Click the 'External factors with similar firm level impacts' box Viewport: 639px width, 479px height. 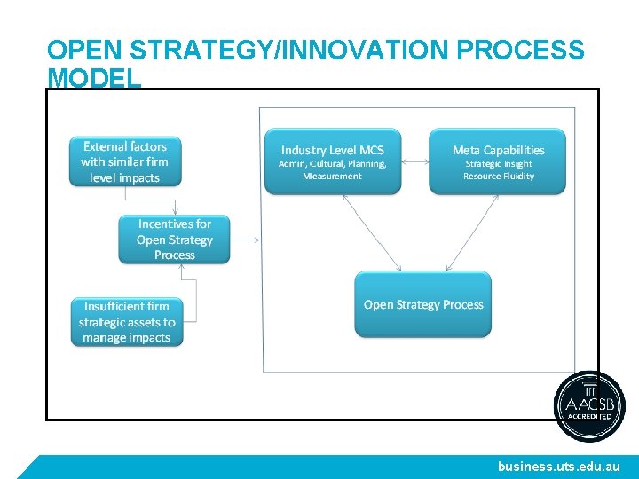(x=125, y=161)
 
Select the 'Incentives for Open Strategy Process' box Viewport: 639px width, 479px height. (x=174, y=239)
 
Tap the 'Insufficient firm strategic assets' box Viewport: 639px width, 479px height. (x=127, y=321)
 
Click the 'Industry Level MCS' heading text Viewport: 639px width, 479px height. (x=333, y=150)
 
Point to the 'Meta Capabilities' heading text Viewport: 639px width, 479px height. (x=498, y=150)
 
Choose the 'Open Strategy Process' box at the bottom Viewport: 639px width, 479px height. (x=423, y=304)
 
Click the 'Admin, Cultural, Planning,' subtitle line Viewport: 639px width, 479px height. (x=333, y=164)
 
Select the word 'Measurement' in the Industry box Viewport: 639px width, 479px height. (x=333, y=177)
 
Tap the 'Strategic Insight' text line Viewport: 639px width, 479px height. (x=499, y=164)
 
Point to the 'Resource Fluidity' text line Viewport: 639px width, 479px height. (x=499, y=177)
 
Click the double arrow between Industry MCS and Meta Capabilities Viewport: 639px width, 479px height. (x=414, y=162)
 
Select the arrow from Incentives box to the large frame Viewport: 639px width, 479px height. (x=244, y=239)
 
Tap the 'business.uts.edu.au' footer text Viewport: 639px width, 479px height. (x=559, y=466)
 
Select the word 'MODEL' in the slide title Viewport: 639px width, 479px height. (x=94, y=78)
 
